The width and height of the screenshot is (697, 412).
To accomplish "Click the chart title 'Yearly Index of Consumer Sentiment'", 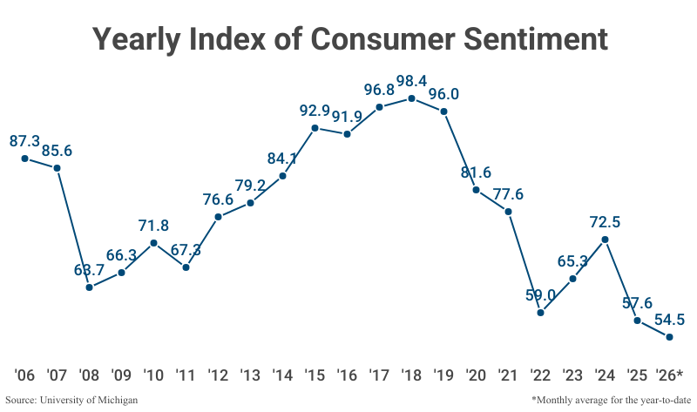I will [x=348, y=39].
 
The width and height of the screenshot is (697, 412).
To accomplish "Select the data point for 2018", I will [x=412, y=98].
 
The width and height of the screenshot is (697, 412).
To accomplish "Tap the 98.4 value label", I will [x=411, y=81].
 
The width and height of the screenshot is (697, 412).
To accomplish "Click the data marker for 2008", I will [x=90, y=287].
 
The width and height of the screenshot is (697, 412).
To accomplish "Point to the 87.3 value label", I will [x=25, y=140].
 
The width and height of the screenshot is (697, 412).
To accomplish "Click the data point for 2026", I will [x=669, y=337].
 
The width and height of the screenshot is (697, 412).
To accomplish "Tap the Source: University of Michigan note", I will [x=71, y=400].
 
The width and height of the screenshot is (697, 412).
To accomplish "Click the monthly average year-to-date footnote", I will [x=607, y=400].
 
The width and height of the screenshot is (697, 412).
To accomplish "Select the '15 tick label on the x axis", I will [x=315, y=375].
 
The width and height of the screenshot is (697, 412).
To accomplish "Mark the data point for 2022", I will [x=541, y=312].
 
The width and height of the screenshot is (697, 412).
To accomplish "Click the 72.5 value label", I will [x=605, y=221].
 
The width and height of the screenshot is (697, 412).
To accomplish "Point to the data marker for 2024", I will [x=605, y=240].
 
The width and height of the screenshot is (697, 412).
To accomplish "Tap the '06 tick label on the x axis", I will [x=25, y=375].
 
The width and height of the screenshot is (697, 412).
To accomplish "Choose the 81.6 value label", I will [x=476, y=172].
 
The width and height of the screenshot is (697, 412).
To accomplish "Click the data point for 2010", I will [x=154, y=243].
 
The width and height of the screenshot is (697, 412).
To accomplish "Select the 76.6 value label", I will [x=219, y=198].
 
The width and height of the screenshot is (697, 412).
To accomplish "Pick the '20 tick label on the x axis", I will [x=476, y=375].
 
